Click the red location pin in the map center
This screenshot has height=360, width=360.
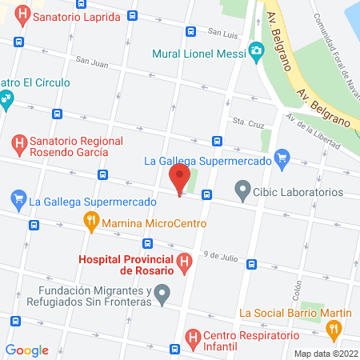pyautogui.click(x=179, y=179)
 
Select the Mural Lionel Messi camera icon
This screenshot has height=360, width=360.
pyautogui.click(x=257, y=54)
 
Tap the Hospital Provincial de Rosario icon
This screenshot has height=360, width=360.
pyautogui.click(x=185, y=261)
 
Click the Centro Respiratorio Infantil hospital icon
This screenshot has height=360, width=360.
pyautogui.click(x=193, y=340)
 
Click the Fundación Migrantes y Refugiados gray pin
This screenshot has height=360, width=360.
pyautogui.click(x=162, y=294)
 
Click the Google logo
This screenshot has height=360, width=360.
pyautogui.click(x=26, y=350)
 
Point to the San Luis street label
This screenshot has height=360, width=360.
pyautogui.click(x=223, y=33)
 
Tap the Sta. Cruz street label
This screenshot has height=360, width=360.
pyautogui.click(x=248, y=122)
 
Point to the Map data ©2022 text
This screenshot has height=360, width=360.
pyautogui.click(x=325, y=353)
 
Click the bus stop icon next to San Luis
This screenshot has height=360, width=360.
pyautogui.click(x=190, y=32)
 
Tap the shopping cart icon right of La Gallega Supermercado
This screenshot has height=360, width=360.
pyautogui.click(x=281, y=158)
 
